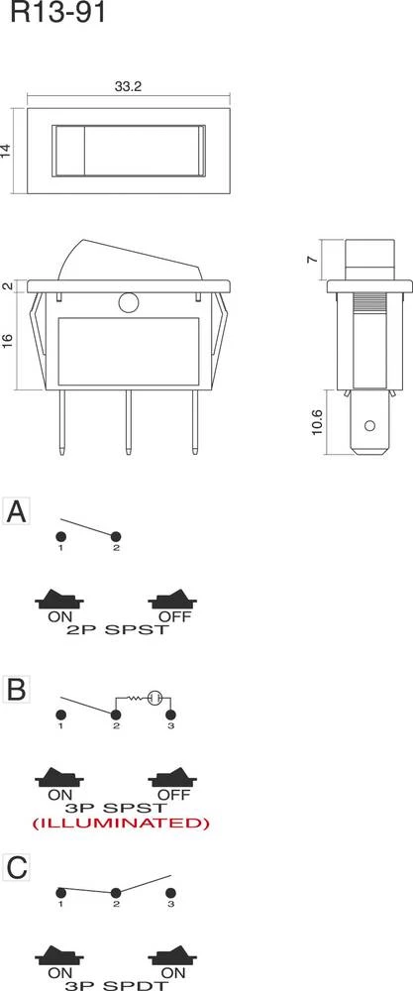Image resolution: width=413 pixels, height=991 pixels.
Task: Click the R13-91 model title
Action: [x=57, y=12]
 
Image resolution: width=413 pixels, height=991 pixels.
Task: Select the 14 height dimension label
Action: [x=6, y=151]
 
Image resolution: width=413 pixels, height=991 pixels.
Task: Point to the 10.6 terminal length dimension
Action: [x=318, y=421]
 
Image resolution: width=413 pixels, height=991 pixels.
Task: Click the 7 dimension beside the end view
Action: [x=312, y=259]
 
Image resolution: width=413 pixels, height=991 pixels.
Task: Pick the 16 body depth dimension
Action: [x=8, y=341]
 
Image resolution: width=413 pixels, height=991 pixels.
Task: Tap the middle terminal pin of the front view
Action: [x=128, y=421]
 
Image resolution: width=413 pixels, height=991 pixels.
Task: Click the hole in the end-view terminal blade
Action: [x=370, y=425]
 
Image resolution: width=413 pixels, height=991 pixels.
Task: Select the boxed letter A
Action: [x=16, y=512]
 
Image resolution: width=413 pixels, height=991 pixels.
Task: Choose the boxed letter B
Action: [x=16, y=689]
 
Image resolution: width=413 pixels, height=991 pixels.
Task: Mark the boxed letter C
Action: [x=16, y=868]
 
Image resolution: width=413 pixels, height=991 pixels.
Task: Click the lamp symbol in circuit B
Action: [x=155, y=699]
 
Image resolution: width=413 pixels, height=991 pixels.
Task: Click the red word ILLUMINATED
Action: [x=121, y=823]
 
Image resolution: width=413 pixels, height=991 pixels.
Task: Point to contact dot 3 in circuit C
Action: [x=170, y=893]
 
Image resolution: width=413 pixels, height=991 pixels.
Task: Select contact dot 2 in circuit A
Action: [x=116, y=536]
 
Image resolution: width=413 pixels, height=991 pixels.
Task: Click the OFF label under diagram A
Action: [x=173, y=616]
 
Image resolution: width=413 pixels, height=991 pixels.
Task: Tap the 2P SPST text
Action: [x=117, y=630]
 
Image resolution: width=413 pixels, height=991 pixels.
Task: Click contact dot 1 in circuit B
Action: [x=61, y=715]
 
